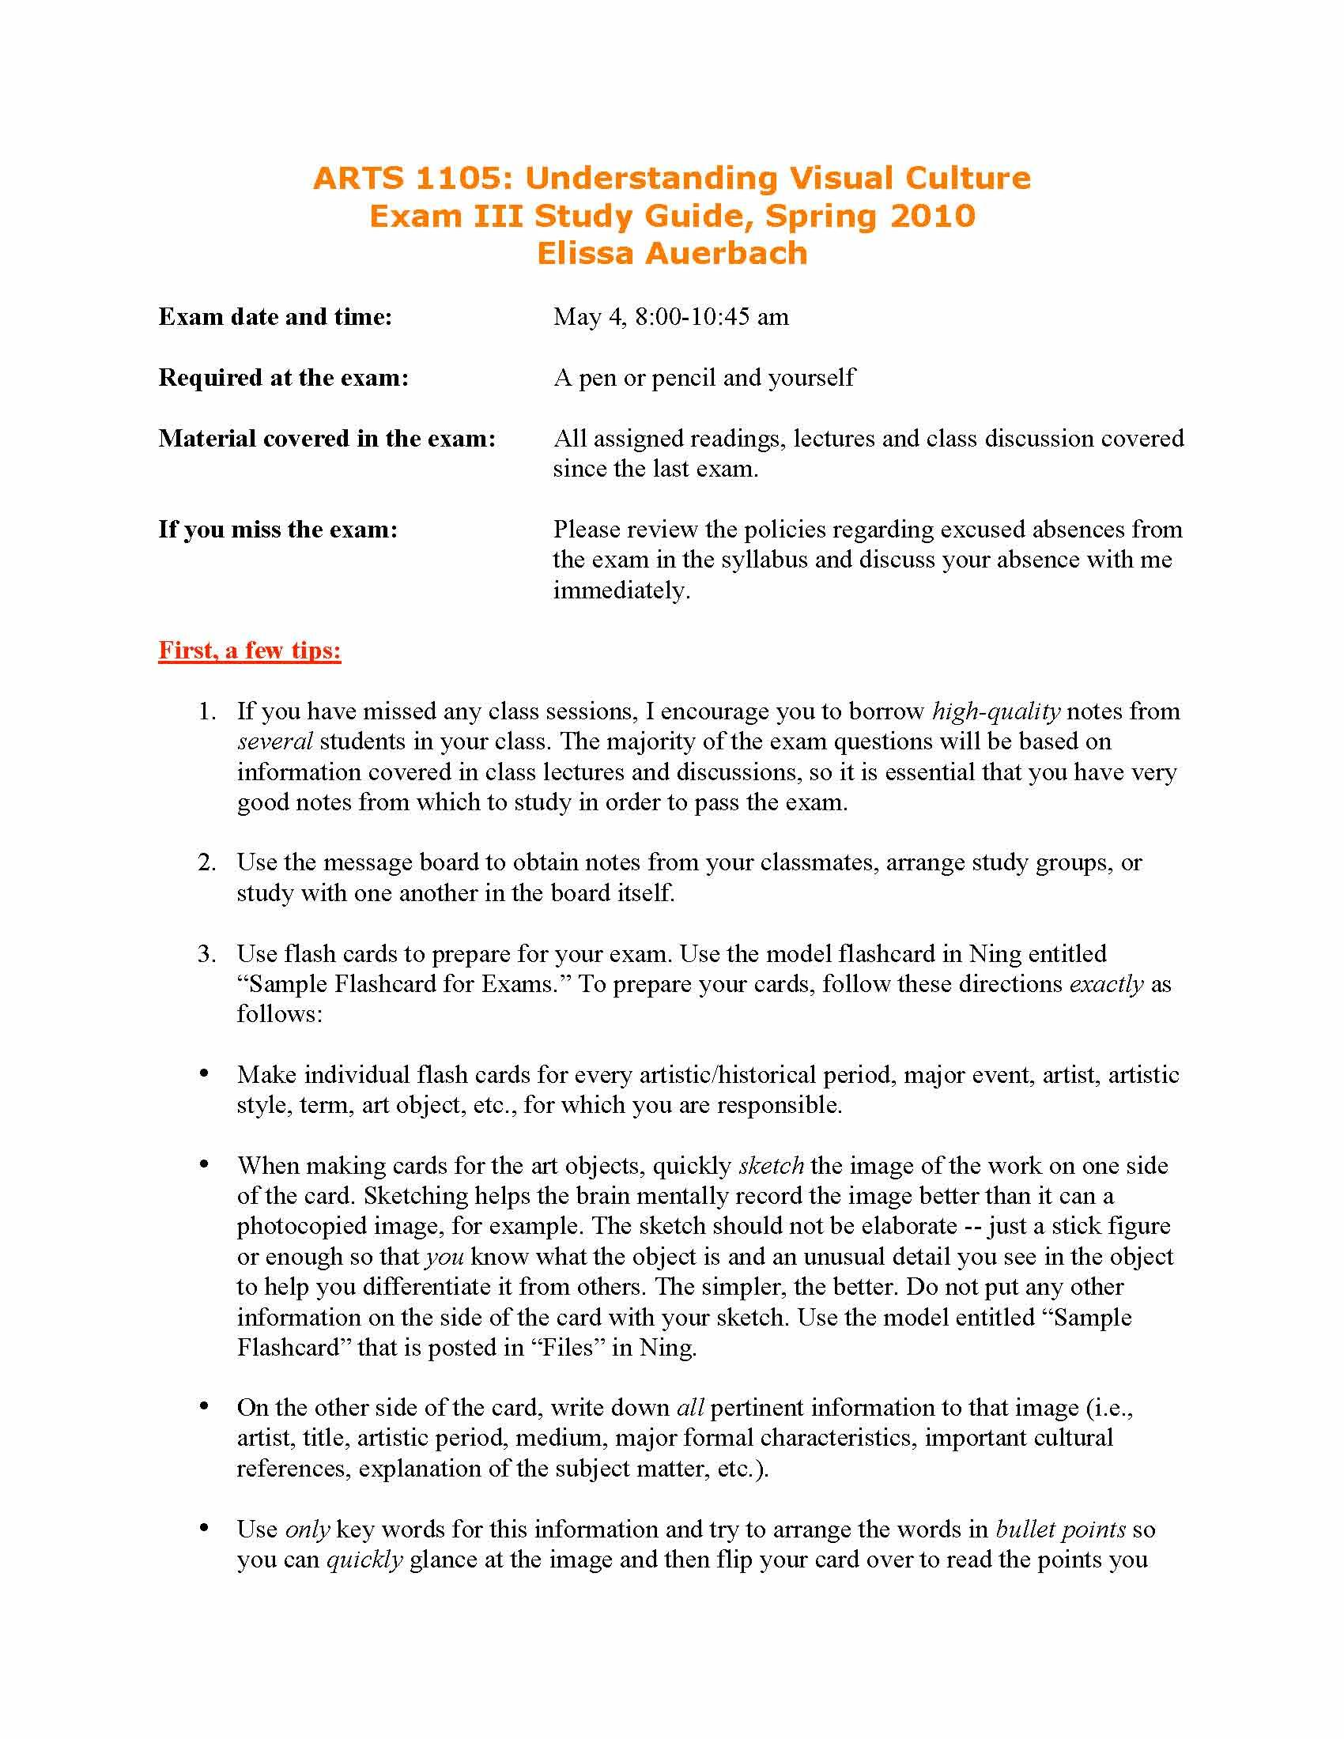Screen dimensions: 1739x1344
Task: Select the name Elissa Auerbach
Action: click(x=672, y=253)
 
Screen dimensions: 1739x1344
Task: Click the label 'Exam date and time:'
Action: click(x=275, y=317)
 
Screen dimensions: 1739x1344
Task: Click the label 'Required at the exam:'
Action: click(x=284, y=377)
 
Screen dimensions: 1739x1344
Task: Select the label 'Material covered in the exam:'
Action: click(x=327, y=438)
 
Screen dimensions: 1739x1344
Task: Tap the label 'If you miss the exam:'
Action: click(x=277, y=530)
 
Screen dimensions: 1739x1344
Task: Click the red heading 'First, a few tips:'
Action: click(x=249, y=651)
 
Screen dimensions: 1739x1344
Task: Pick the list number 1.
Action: click(x=206, y=712)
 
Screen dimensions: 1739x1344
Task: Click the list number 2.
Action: click(x=206, y=863)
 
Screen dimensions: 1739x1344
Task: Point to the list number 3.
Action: click(x=206, y=954)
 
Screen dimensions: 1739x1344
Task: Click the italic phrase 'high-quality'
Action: click(x=996, y=711)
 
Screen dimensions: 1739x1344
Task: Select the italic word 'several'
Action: click(x=274, y=742)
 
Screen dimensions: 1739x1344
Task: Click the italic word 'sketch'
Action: click(x=771, y=1167)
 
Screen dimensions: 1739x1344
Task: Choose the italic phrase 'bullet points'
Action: click(x=1060, y=1530)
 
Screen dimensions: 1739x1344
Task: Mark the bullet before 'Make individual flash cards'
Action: click(x=205, y=1074)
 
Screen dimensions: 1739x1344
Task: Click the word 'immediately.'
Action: click(x=622, y=590)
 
